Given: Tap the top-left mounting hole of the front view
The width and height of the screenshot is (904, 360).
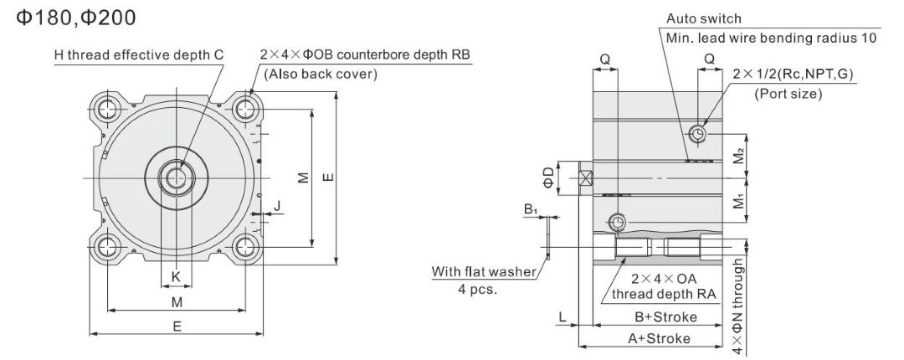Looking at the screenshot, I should [x=107, y=109].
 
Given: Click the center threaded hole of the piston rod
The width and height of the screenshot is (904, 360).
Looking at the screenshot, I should [x=176, y=177].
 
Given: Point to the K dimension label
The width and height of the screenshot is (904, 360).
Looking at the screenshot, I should [x=176, y=277].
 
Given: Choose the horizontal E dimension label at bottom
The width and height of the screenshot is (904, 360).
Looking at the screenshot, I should [x=177, y=327].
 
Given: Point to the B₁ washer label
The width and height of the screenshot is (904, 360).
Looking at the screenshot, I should [x=530, y=208].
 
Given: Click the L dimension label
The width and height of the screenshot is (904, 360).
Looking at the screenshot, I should [x=562, y=316].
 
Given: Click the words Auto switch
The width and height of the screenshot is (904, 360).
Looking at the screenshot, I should [x=704, y=18].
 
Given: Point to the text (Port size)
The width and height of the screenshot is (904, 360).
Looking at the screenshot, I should [x=788, y=94].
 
